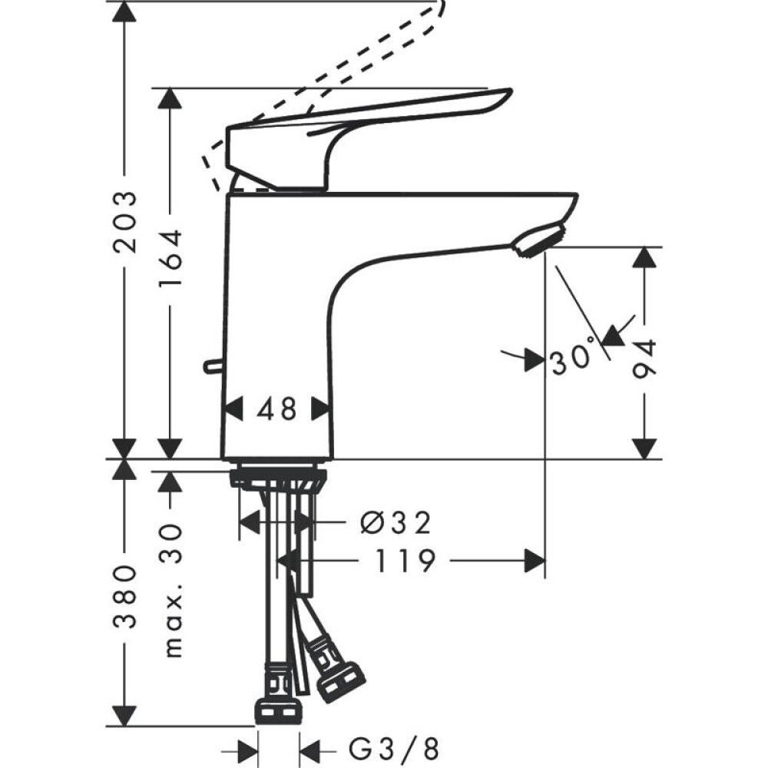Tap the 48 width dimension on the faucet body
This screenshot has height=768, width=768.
(276, 409)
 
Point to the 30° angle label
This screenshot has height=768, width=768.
(573, 356)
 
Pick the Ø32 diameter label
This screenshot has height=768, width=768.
(396, 523)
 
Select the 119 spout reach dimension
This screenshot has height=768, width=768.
(405, 561)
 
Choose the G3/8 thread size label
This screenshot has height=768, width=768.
(394, 747)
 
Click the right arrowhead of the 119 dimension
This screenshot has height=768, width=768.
(535, 561)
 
